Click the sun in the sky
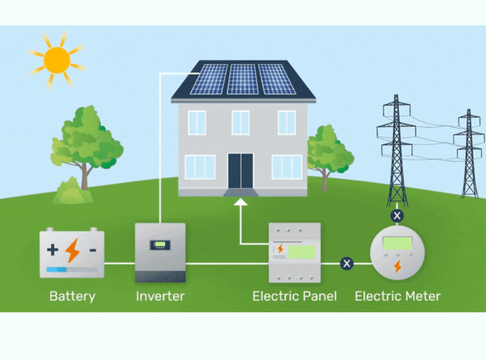point(57,60)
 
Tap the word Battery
point(72,297)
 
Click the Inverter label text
point(160,297)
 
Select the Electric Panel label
point(294,297)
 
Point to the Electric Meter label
point(397,297)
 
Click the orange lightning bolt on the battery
point(72,251)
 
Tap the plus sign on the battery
point(53,250)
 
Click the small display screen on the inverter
point(160,245)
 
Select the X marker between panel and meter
point(346,264)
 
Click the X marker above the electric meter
point(396,216)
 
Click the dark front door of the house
point(241,171)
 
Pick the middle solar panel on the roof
point(243,79)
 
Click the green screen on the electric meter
point(397,243)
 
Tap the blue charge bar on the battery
point(57,270)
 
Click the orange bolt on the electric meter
point(397,266)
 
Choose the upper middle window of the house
point(241,122)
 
